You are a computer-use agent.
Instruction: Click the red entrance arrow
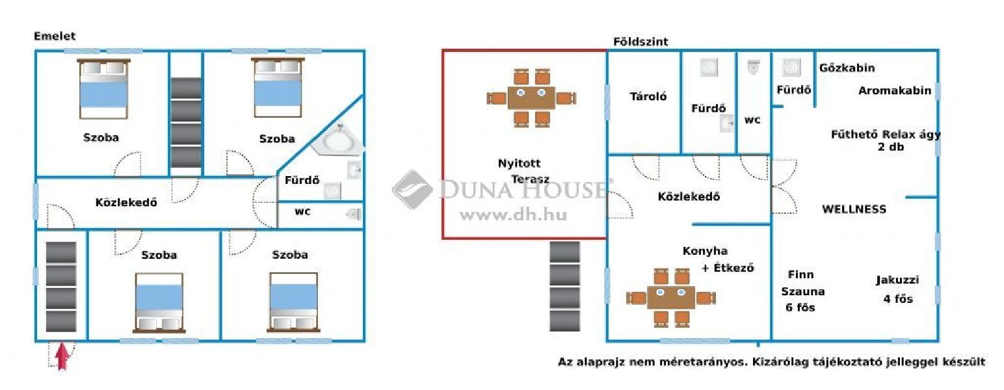coord(62,356)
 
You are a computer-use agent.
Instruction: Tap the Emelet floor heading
coord(55,36)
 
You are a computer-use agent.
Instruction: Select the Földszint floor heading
coord(641,42)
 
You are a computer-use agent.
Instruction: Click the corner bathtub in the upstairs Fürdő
coord(338,139)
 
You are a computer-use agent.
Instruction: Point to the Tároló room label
coord(648,96)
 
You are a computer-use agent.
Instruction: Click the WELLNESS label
coord(854,209)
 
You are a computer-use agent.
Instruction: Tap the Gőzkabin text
coord(847,68)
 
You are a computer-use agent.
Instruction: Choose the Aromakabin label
coord(895,90)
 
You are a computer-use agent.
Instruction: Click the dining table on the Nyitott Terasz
coord(531,98)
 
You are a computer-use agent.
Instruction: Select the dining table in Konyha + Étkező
coord(671,298)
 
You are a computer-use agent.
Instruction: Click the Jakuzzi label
coord(897,280)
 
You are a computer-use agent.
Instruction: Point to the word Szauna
coord(803,291)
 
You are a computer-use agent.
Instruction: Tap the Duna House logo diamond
coord(412,190)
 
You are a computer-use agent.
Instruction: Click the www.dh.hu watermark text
coord(513,215)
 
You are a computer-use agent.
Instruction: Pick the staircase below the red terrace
coord(564,286)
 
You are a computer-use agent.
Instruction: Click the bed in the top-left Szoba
coord(103,89)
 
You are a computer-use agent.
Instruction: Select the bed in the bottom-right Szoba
coord(293,303)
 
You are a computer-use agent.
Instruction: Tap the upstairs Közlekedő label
coord(126,203)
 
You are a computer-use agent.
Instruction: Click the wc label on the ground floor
coord(752,120)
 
